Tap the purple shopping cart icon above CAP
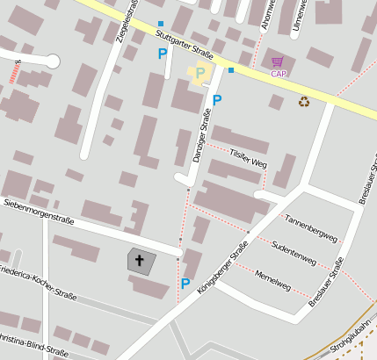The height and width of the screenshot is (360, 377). click(278, 61)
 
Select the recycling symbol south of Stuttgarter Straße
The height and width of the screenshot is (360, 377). click(304, 102)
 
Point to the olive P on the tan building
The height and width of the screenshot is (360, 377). click(200, 73)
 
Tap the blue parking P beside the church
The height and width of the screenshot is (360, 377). click(185, 283)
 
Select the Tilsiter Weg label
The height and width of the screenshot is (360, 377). click(248, 158)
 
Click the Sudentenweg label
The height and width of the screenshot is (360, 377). click(294, 252)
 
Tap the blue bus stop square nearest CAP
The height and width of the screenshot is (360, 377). click(230, 70)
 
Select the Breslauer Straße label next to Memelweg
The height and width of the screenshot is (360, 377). click(325, 283)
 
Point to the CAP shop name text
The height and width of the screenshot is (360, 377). click(279, 74)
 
